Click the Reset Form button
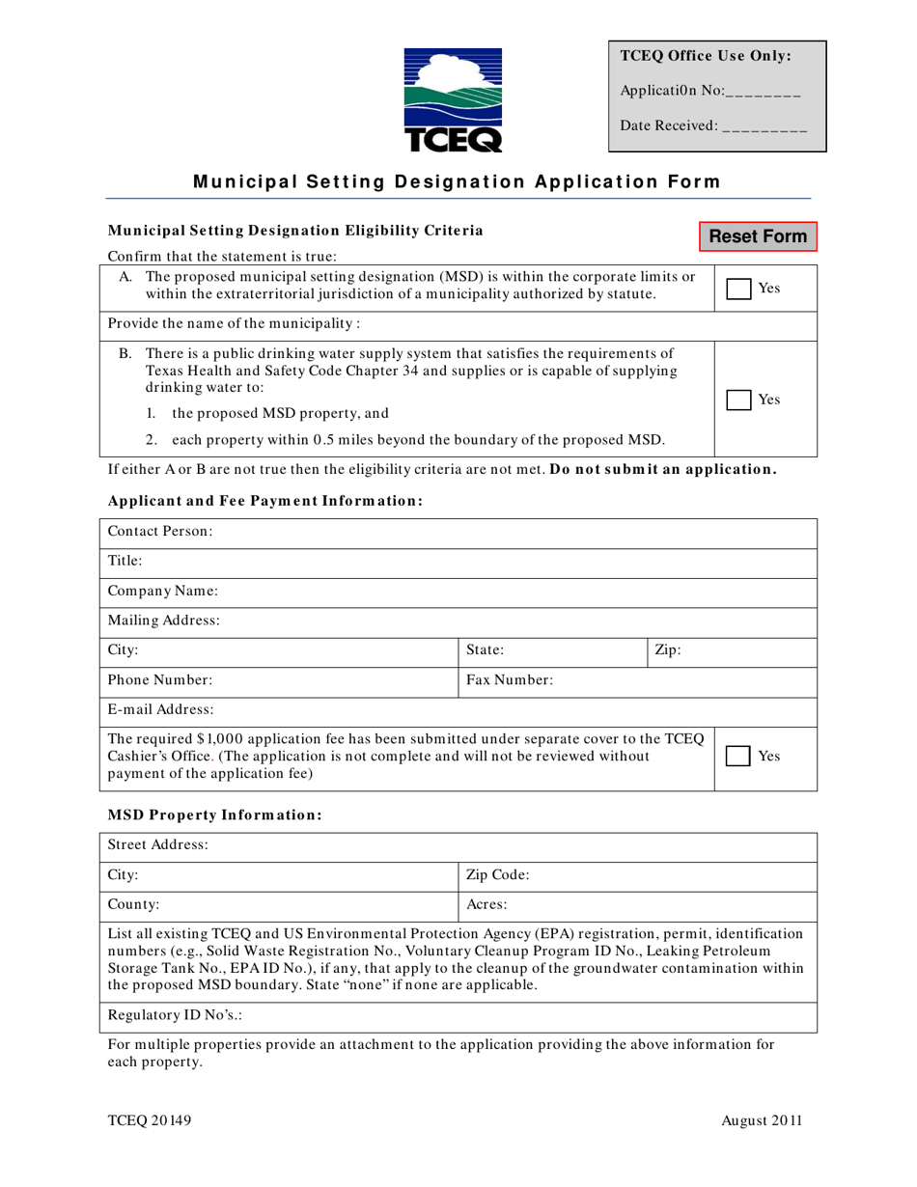coord(759,236)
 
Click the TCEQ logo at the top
coord(453,100)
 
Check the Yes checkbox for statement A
coord(738,289)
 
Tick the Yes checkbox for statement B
coord(738,400)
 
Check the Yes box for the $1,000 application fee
coord(738,758)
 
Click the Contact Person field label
coord(160,532)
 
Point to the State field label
coord(486,650)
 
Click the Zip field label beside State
coord(668,650)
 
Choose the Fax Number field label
coord(510,680)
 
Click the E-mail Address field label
coord(161,709)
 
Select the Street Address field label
coord(158,844)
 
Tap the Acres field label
coord(487,905)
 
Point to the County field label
coord(134,905)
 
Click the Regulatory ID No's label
coord(161,1016)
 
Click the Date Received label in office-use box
coord(668,125)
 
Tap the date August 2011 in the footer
coord(762,1120)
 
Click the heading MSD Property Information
coord(214,814)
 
